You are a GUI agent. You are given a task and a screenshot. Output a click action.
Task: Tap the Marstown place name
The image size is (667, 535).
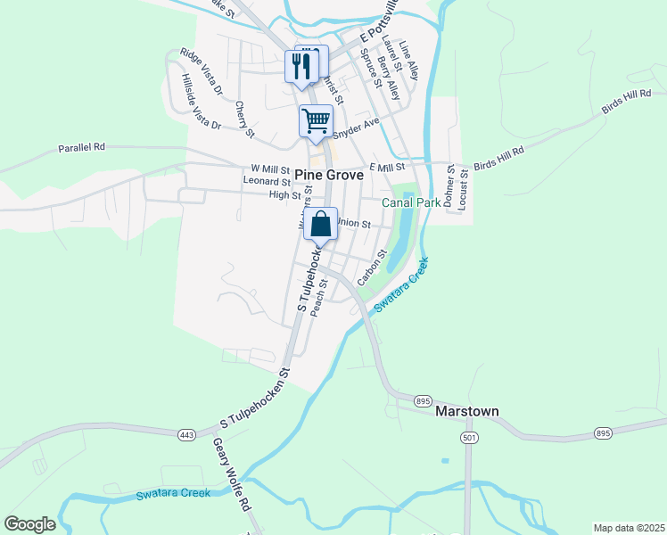pos(466,412)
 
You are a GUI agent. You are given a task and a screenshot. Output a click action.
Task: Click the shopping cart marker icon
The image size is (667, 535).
pos(316,120)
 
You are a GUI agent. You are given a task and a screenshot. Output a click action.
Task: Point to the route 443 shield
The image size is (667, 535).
pos(186,434)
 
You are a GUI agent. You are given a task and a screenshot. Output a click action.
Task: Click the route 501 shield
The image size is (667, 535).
pos(469,438)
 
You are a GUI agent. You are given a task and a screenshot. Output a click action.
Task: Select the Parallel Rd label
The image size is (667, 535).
pos(82,147)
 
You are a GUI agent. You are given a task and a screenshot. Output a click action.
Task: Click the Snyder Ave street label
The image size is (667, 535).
pos(357,129)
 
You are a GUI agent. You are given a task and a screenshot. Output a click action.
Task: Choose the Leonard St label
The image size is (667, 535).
pos(267,181)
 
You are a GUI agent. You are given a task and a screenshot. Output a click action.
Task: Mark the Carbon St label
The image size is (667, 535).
pos(371,268)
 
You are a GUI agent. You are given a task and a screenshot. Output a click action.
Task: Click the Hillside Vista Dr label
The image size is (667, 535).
pos(201,103)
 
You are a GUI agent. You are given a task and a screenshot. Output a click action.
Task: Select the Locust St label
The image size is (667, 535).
pos(463,187)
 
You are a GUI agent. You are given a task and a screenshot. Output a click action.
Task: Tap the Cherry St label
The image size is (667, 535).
pos(245,119)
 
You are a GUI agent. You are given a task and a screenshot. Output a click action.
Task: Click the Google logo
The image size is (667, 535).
pos(29,524)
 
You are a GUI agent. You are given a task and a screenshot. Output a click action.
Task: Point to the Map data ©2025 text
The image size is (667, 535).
pos(629,528)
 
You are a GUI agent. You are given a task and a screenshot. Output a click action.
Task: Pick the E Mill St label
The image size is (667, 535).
pos(387,167)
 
